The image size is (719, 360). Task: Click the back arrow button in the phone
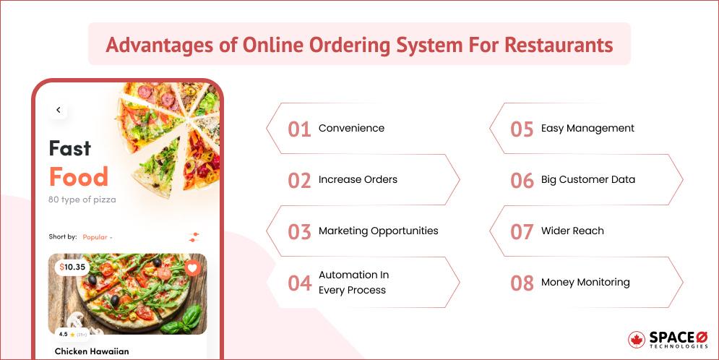coord(59,110)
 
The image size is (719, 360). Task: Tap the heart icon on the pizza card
coord(192,267)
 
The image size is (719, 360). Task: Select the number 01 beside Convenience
coord(299,129)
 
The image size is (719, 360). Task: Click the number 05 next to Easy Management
coord(522,129)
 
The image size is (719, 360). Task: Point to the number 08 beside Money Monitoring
coord(522,283)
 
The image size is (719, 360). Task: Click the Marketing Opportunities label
coord(378,231)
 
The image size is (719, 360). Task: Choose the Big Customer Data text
coord(587,180)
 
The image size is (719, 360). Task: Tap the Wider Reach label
coord(572,231)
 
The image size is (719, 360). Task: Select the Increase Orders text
coord(358,180)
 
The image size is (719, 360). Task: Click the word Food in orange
coord(79,177)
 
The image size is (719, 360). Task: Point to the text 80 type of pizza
coord(82,200)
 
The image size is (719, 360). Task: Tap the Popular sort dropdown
coord(98,237)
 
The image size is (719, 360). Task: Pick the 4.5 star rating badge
coord(71,334)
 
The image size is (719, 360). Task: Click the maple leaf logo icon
coord(637,340)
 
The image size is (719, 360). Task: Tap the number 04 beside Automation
coord(299,283)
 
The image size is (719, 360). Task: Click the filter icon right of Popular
coord(193,237)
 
